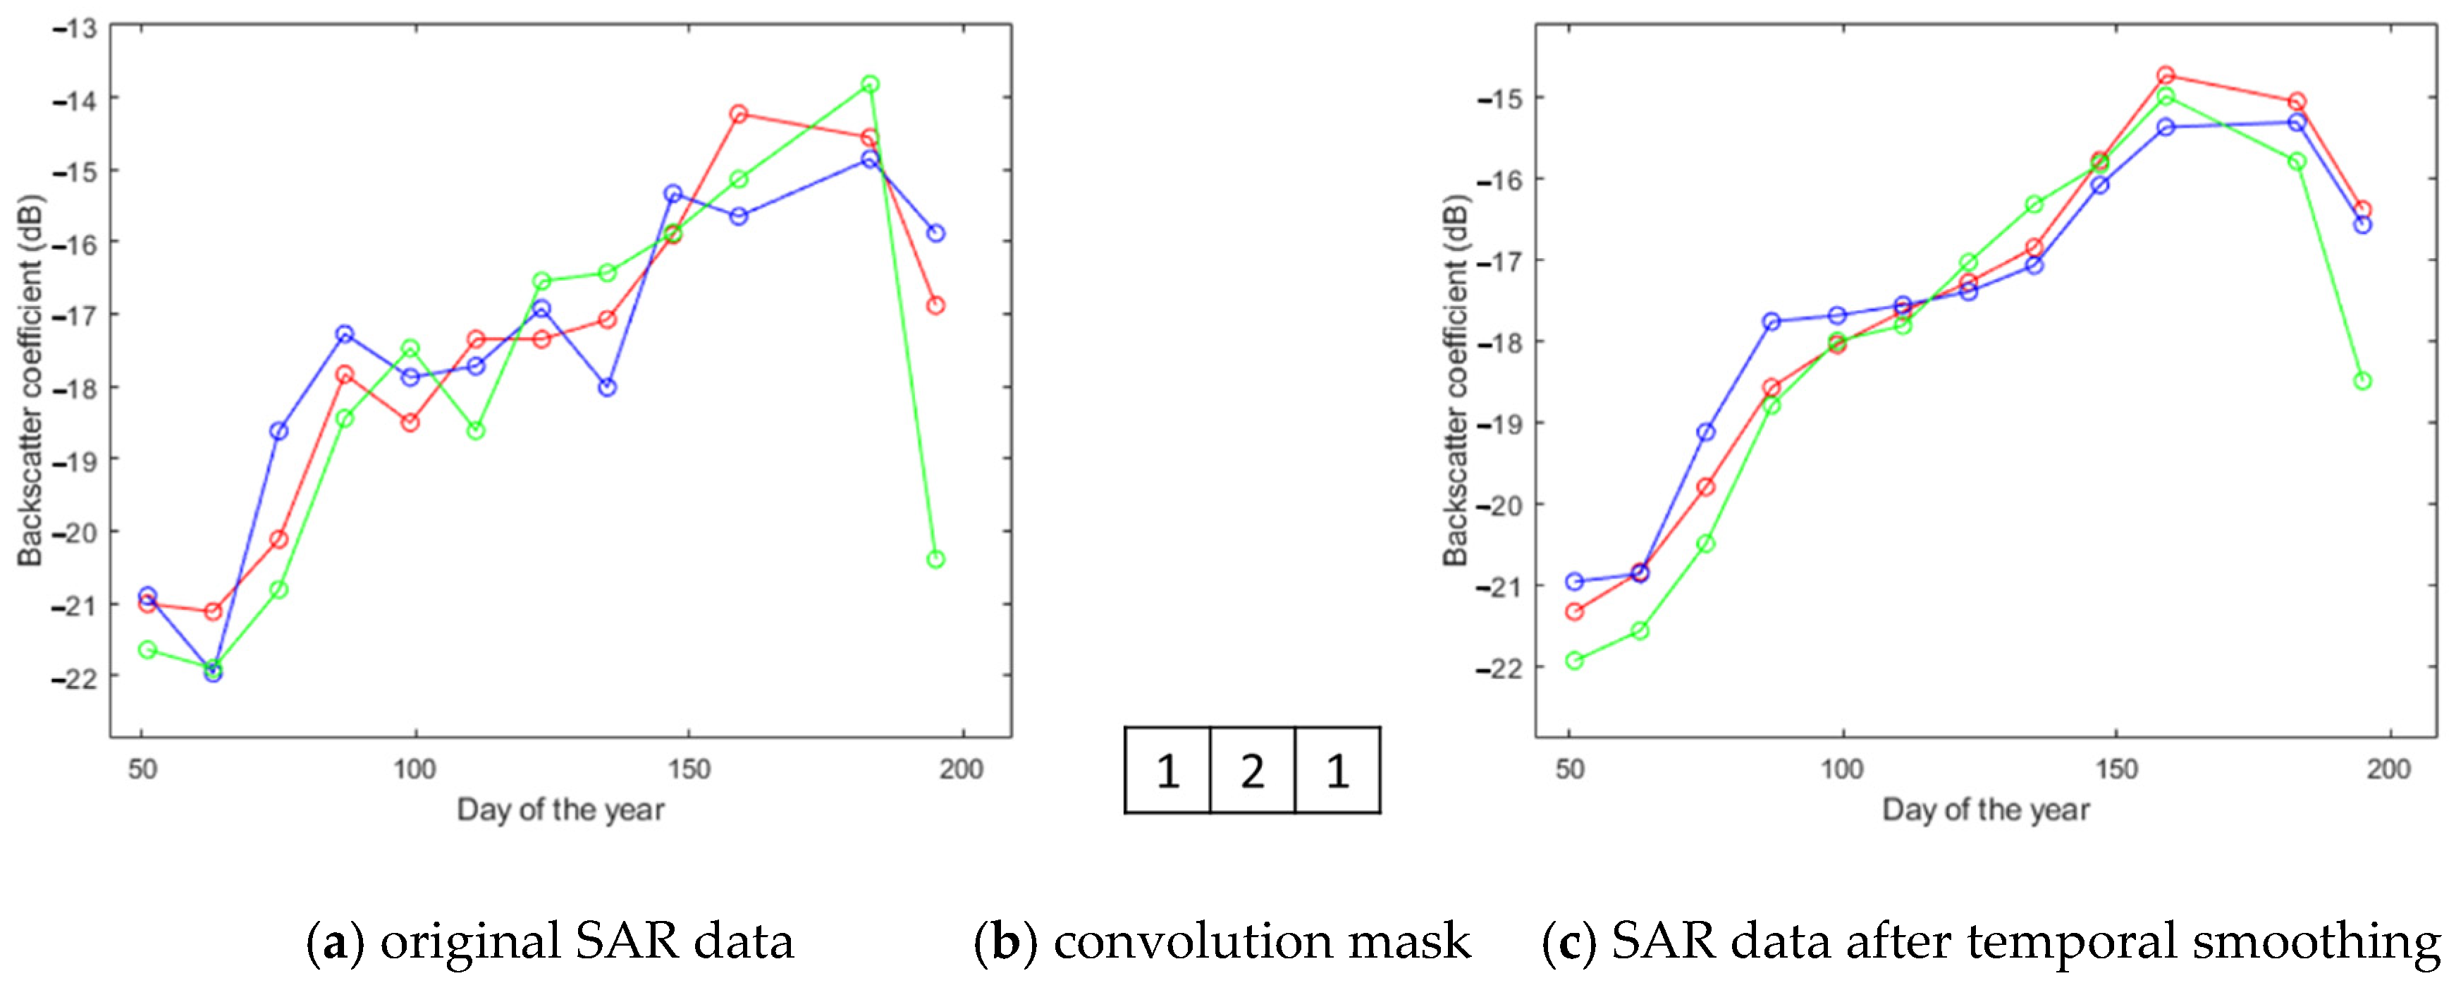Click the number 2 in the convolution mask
pos(1252,771)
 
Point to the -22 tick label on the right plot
pos(1499,668)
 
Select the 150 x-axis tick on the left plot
pos(688,769)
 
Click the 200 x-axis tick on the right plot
pos(2388,769)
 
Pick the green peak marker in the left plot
pos(869,85)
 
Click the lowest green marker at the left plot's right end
pos(935,559)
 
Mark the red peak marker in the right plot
pos(2165,75)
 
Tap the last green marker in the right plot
pos(2362,381)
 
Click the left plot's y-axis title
pos(30,381)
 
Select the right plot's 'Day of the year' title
pos(1985,810)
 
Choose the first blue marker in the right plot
pos(1574,582)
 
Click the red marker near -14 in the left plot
pos(738,114)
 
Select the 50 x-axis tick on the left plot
pos(142,769)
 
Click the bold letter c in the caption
pos(1569,943)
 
